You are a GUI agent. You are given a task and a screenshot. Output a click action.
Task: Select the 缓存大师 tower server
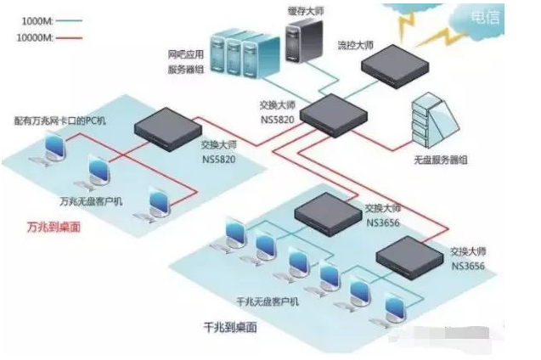coord(302,47)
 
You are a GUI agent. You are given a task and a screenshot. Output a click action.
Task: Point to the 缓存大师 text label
coord(305,9)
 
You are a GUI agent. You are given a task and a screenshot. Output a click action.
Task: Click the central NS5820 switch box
coord(330,112)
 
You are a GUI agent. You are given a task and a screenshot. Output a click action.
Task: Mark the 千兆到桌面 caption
coord(229,326)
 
